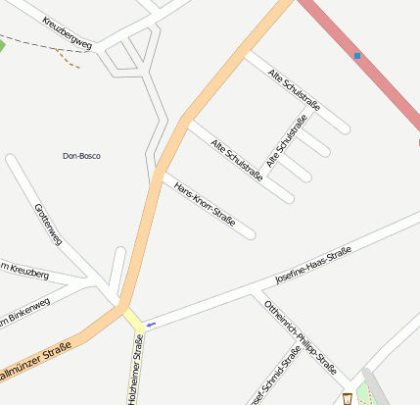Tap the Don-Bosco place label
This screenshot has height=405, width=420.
click(x=81, y=156)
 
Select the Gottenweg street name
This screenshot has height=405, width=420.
click(x=48, y=225)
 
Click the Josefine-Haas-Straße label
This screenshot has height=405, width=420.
click(x=312, y=265)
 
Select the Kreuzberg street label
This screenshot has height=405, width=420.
click(x=25, y=273)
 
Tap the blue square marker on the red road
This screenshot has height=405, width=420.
click(x=357, y=56)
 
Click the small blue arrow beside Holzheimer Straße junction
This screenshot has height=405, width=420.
click(x=150, y=323)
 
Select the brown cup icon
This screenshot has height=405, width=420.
click(x=348, y=398)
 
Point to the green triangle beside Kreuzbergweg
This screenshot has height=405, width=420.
click(x=2, y=45)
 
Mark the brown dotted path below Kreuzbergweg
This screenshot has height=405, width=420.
click(x=70, y=60)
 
